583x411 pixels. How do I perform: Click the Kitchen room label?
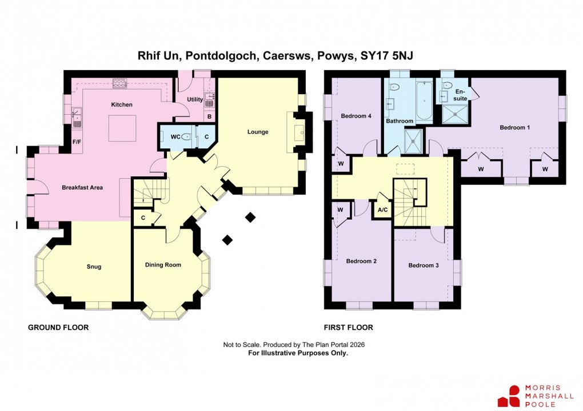point(122,104)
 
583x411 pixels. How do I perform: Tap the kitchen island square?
point(122,128)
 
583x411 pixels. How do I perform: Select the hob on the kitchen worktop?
point(120,84)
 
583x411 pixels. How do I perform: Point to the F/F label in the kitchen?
point(76,142)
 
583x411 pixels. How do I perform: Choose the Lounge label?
point(258,132)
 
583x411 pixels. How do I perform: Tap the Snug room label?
point(94,267)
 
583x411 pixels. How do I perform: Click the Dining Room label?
point(163,265)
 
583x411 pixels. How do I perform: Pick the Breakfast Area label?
point(82,187)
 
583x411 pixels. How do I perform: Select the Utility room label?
point(195,99)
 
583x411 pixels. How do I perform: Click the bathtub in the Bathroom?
point(424,102)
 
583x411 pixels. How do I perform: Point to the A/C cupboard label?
point(382,209)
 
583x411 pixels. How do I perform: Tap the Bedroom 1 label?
point(514,127)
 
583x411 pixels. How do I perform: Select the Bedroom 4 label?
point(356,116)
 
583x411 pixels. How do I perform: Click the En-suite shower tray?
point(456,116)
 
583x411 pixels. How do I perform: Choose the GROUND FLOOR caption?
point(58,328)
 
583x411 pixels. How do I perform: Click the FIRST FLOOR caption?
point(348,328)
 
